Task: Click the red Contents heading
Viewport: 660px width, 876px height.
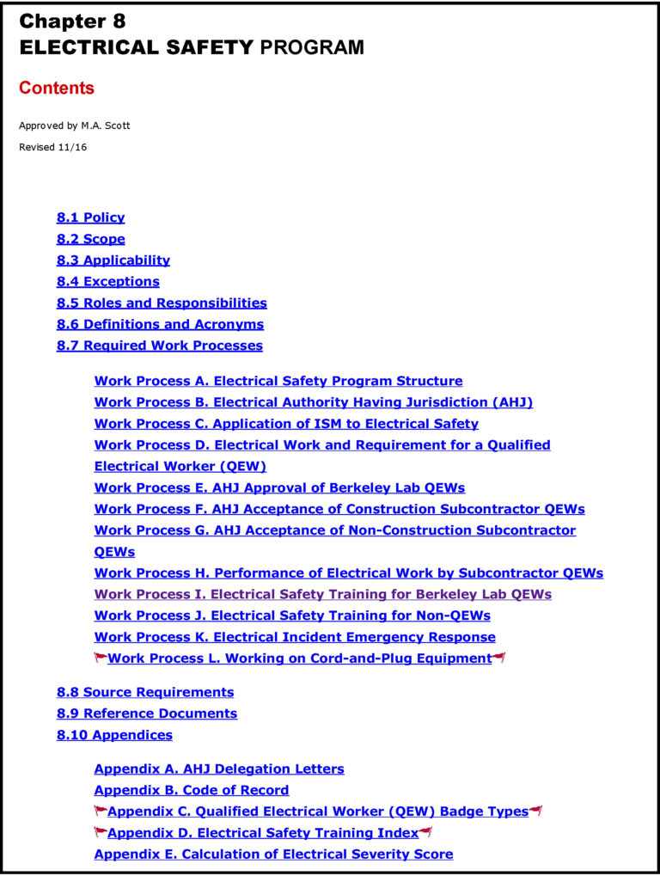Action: coord(57,88)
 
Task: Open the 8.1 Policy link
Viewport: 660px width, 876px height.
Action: coord(90,217)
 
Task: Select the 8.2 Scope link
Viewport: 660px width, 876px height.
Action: coord(90,239)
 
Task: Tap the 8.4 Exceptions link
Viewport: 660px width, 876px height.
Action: coord(107,281)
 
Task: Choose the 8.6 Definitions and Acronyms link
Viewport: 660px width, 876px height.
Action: coord(160,324)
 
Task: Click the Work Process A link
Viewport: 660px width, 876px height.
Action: coord(278,381)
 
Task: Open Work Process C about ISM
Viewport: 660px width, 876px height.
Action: coord(286,424)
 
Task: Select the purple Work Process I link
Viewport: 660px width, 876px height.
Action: coord(322,594)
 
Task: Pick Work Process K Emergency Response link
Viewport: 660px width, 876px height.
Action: coord(294,637)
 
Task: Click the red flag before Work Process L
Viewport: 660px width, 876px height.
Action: coord(101,659)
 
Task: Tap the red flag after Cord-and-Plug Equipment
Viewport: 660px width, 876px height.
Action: coord(499,659)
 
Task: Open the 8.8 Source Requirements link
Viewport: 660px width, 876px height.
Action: coord(145,692)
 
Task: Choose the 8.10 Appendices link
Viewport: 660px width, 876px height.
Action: coord(114,735)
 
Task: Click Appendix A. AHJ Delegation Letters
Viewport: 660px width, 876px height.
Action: coord(218,769)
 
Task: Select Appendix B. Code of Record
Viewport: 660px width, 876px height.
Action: coord(191,790)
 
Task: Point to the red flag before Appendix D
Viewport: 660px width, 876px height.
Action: coord(101,832)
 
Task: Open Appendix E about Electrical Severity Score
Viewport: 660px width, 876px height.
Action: coord(273,854)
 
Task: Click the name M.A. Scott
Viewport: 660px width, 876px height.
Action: coord(106,126)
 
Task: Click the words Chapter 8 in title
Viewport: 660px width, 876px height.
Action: coord(72,21)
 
